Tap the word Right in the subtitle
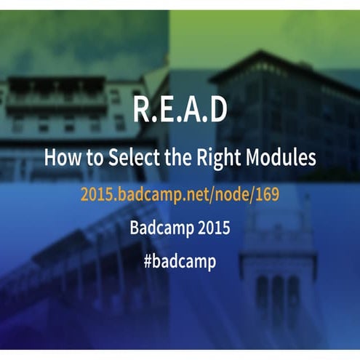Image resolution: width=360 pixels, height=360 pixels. point(216,156)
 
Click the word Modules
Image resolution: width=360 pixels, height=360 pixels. point(280,156)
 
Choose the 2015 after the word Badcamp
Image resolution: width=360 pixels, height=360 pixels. point(212,228)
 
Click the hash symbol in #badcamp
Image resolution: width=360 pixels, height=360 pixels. point(148,262)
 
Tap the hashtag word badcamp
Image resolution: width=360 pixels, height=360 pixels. point(185,262)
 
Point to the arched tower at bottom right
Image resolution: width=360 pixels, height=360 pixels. point(276,291)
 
